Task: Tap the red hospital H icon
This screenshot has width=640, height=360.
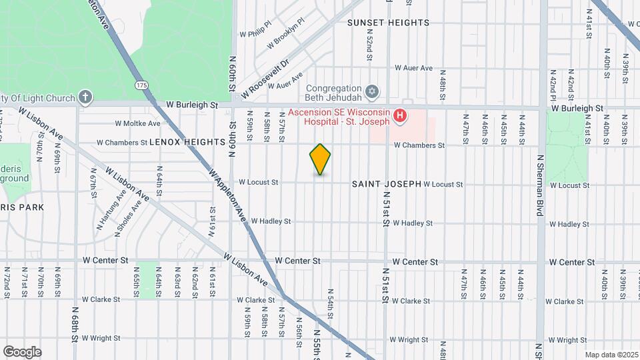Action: tap(400, 117)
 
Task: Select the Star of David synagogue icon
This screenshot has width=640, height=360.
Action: tap(373, 89)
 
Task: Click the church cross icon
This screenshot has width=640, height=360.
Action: tap(85, 98)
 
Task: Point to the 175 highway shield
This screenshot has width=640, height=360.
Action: tap(141, 85)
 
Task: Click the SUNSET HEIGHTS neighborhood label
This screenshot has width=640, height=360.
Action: tap(388, 23)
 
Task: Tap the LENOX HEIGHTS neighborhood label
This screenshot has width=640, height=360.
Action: tap(187, 142)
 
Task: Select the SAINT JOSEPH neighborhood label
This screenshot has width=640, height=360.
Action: tap(386, 183)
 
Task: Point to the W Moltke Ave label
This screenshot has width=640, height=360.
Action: tap(137, 123)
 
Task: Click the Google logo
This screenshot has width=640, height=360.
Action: tap(22, 351)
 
